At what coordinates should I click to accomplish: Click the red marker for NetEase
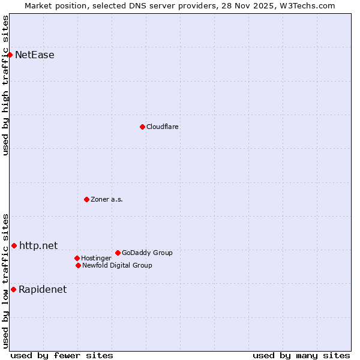(10, 55)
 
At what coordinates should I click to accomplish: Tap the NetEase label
(34, 55)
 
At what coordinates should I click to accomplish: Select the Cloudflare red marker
(142, 127)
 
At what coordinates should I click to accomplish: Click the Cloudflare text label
(162, 127)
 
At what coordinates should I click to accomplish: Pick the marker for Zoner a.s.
(86, 199)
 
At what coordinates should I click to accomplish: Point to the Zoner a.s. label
(107, 200)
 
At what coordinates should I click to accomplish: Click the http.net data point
(14, 245)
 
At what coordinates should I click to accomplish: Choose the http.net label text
(38, 245)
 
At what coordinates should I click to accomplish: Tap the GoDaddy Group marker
(118, 253)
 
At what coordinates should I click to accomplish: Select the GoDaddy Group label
(147, 253)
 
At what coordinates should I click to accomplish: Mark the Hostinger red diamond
(77, 258)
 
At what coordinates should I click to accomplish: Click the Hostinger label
(96, 259)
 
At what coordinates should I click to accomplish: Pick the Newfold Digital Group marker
(78, 265)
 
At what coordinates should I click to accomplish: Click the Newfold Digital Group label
(117, 266)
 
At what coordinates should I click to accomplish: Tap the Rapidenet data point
(13, 290)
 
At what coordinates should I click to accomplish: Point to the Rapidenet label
(43, 290)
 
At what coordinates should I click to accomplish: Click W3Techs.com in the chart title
(306, 5)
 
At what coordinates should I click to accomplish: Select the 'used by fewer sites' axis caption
(62, 355)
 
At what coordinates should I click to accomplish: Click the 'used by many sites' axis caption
(301, 355)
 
